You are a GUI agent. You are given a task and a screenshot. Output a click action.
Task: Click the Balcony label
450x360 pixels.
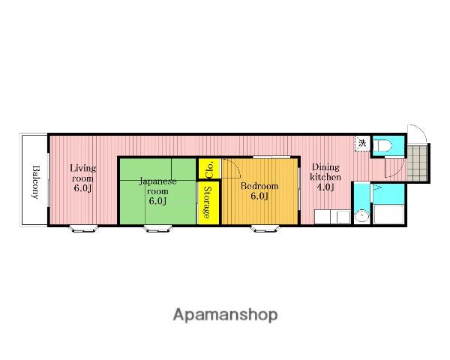pyautogui.click(x=35, y=181)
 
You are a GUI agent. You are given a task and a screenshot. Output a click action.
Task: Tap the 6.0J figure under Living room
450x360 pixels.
pyautogui.click(x=82, y=188)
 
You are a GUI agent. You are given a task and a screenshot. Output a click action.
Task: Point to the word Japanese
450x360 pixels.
pyautogui.click(x=157, y=181)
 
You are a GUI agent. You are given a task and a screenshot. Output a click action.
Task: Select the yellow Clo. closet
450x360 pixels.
pyautogui.click(x=209, y=169)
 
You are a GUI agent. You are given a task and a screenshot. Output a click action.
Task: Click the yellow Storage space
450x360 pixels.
pyautogui.click(x=208, y=202)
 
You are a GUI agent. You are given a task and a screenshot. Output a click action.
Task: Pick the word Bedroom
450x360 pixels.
pyautogui.click(x=259, y=186)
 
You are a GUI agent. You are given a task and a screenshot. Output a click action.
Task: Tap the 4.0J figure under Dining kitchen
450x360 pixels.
pyautogui.click(x=325, y=187)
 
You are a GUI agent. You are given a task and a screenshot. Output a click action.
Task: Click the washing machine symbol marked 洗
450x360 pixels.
pyautogui.click(x=363, y=143)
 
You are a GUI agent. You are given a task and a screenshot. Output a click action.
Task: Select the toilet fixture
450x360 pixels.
pyautogui.click(x=383, y=145)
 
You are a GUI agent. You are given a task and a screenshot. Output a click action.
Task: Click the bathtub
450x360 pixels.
pyautogui.click(x=388, y=214)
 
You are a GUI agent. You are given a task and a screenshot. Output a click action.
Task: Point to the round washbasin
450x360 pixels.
pyautogui.click(x=361, y=216)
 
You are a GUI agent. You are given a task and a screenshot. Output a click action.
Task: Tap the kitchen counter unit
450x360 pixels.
pyautogui.click(x=332, y=217)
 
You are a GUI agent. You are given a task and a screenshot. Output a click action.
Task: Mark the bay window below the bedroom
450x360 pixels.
pyautogui.click(x=265, y=229)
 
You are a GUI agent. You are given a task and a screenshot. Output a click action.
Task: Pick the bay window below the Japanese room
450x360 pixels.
pyautogui.click(x=158, y=229)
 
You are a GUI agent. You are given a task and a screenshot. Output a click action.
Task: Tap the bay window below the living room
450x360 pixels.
pyautogui.click(x=84, y=229)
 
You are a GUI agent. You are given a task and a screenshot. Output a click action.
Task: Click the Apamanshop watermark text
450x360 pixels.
pyautogui.click(x=225, y=315)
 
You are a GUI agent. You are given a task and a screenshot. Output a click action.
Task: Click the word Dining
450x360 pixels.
pyautogui.click(x=325, y=166)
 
